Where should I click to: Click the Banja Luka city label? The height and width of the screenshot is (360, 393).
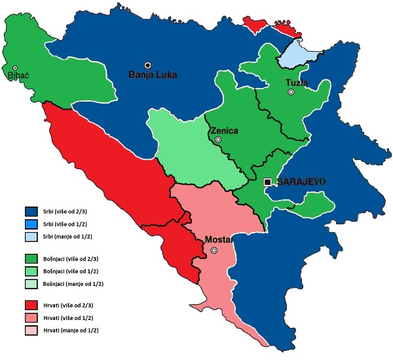click(153, 75)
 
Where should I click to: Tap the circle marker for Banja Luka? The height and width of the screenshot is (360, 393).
click(148, 65)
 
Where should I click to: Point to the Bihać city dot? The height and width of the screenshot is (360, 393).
click(14, 68)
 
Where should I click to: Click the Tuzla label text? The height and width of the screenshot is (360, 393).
click(297, 83)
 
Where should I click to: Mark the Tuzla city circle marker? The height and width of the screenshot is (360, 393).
click(291, 92)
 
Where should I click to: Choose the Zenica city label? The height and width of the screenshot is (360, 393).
click(224, 130)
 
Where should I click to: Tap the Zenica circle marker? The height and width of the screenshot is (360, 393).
click(218, 140)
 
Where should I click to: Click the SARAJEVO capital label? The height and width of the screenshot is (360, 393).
click(301, 182)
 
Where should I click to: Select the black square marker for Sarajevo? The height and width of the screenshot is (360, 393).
click(267, 182)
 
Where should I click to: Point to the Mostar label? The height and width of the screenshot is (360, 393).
click(218, 240)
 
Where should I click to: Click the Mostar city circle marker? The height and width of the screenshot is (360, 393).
click(214, 250)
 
